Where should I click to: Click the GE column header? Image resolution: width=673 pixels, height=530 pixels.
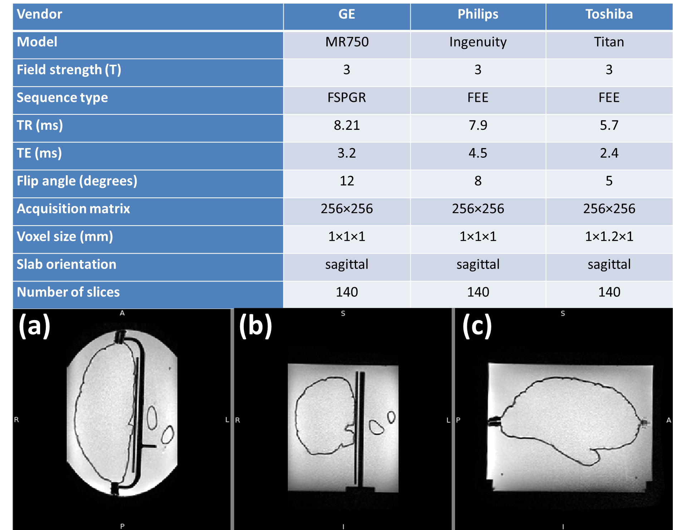[346, 14]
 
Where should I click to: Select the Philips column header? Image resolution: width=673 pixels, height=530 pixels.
[478, 14]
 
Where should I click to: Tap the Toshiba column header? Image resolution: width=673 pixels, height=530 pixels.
[609, 14]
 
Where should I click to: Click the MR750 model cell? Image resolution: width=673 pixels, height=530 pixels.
[346, 42]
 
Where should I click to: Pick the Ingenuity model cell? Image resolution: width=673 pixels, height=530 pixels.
[478, 42]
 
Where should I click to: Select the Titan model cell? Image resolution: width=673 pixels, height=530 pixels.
[609, 42]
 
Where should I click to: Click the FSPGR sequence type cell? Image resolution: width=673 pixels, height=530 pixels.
[346, 98]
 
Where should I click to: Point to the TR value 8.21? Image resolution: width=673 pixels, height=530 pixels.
[346, 126]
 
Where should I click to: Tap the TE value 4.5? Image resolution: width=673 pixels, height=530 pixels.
[478, 153]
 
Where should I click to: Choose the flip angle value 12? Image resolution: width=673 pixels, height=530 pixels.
[346, 181]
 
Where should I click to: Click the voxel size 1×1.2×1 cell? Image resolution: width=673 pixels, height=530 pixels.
[609, 237]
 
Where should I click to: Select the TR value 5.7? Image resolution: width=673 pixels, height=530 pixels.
[609, 126]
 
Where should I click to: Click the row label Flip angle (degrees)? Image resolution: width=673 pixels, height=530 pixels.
[77, 181]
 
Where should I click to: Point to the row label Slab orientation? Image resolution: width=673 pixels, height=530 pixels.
[67, 264]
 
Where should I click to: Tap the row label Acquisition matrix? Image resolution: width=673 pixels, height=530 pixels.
[73, 209]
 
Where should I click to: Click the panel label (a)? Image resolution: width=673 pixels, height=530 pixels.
[34, 325]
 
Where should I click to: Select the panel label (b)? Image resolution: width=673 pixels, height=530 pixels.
[255, 325]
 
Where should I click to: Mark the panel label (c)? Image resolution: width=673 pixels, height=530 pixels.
[477, 325]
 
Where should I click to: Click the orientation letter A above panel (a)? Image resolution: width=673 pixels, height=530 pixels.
[122, 313]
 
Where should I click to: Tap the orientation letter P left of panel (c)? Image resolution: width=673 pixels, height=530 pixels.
[458, 420]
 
